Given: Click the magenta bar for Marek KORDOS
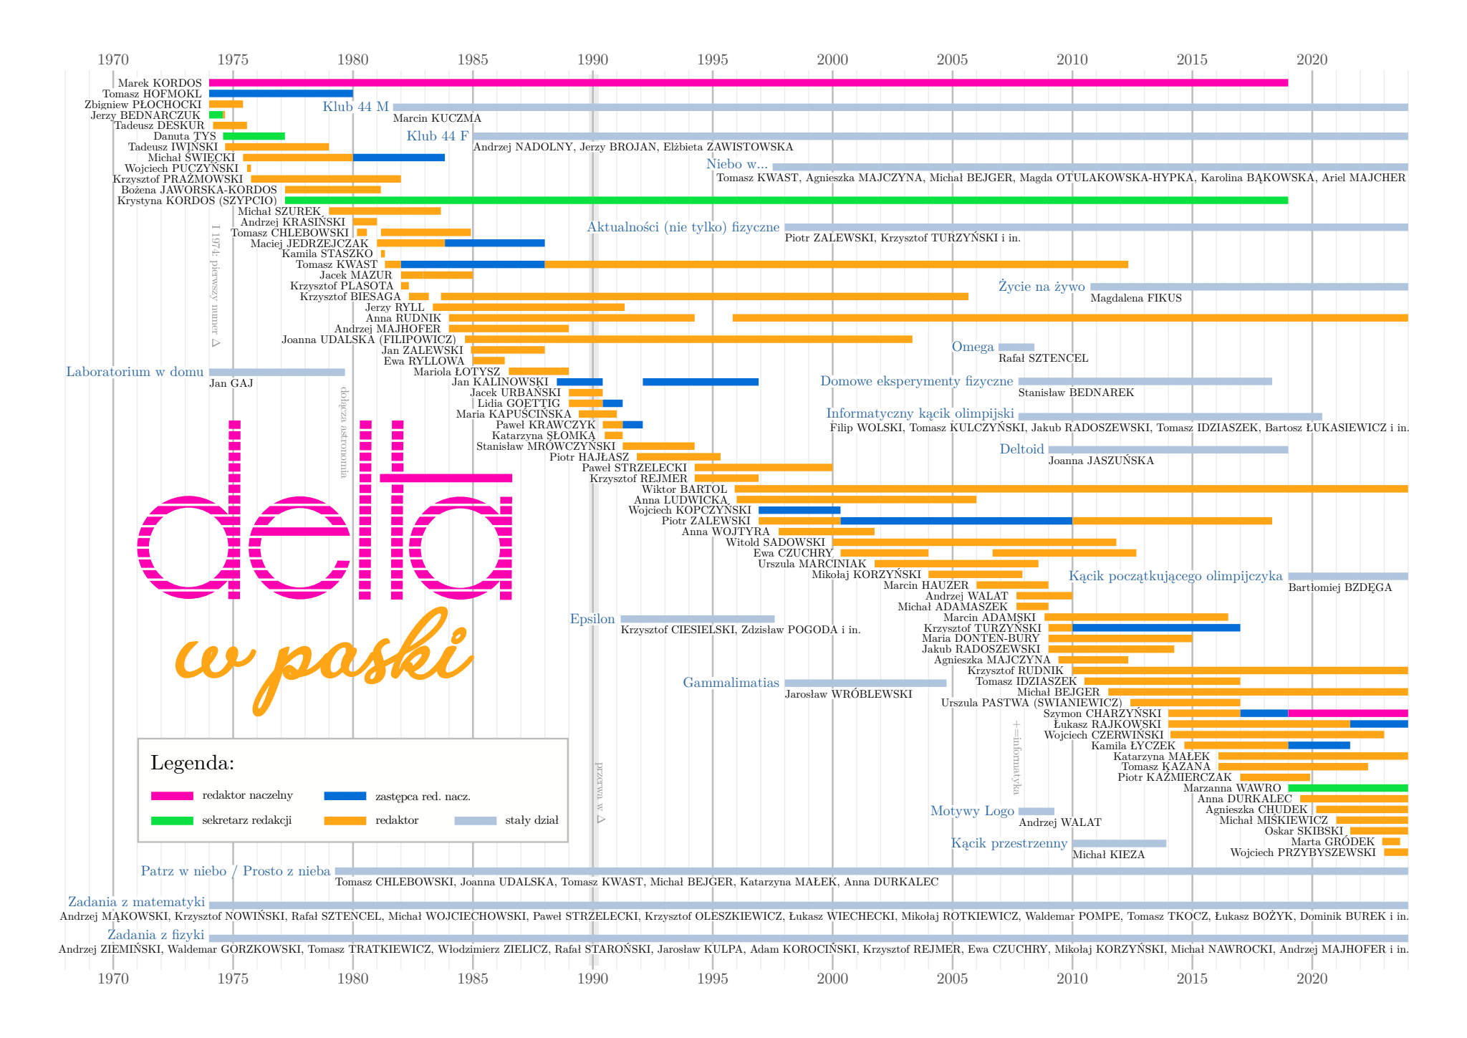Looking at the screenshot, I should tap(748, 83).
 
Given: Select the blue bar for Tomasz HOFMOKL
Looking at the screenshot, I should tap(281, 93).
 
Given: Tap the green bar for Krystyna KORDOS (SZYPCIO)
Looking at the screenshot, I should tap(786, 201).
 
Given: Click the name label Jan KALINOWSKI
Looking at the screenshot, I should tap(499, 382).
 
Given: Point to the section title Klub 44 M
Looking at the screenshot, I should tap(355, 107).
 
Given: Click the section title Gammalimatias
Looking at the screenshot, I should tap(731, 683).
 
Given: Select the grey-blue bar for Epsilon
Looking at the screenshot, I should tap(697, 619).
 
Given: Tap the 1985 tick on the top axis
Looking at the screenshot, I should tap(473, 59).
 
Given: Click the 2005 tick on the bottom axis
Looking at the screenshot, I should tap(952, 979).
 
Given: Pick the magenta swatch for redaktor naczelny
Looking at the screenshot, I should tap(172, 796).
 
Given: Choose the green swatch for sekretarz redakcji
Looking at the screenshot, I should tap(172, 820).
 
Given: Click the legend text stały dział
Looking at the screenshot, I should tap(532, 820).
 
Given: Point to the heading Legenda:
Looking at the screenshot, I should tap(192, 763).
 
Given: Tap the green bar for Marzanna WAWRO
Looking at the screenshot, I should tap(1347, 788).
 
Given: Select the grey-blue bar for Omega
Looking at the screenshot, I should tap(1016, 347).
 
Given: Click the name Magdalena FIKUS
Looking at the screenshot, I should tap(1135, 298).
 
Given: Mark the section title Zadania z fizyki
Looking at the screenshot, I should tap(155, 935).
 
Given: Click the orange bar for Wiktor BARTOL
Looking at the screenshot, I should tap(1071, 489).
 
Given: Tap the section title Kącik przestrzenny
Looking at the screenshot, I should tap(1009, 843).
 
